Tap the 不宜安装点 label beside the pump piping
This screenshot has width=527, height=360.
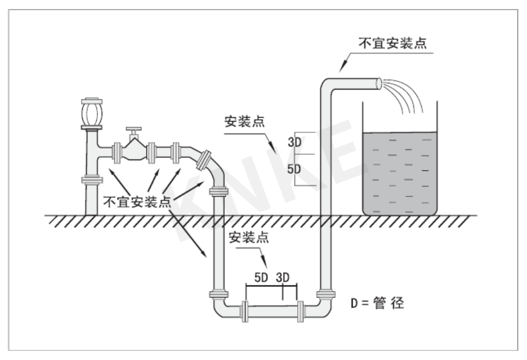click(136, 202)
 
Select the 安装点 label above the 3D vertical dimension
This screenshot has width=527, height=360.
click(244, 122)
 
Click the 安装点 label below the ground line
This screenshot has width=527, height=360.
click(249, 237)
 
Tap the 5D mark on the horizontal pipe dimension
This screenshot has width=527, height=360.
click(261, 278)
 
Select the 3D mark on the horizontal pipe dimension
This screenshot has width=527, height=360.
click(284, 278)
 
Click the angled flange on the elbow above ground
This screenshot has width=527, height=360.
click(205, 159)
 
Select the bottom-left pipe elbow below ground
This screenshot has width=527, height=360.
click(222, 308)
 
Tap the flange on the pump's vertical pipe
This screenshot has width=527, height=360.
click(91, 180)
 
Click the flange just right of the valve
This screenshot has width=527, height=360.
click(151, 152)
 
